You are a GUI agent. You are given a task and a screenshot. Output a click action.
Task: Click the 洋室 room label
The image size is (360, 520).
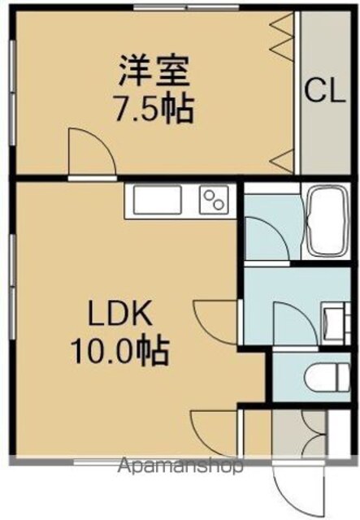click(154, 71)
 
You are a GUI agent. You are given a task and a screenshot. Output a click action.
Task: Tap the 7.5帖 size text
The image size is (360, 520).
click(154, 108)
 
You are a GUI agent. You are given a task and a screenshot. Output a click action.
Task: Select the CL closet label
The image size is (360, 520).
click(325, 91)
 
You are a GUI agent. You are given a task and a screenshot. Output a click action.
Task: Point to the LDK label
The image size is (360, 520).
click(119, 312)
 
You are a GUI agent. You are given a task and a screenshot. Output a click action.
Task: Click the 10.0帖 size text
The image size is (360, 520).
click(119, 350)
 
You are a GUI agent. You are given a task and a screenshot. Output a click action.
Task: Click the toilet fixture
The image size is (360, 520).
click(327, 377)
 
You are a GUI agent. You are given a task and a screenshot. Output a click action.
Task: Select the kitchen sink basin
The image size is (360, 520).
click(158, 200)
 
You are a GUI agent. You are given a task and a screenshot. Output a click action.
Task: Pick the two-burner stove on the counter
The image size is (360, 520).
click(214, 200)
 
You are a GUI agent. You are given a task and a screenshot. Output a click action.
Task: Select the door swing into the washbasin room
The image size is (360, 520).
click(295, 323)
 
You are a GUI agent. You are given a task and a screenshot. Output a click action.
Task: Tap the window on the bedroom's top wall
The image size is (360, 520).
click(189, 7)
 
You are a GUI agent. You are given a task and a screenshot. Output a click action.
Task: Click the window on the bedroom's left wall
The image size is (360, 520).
click(13, 93)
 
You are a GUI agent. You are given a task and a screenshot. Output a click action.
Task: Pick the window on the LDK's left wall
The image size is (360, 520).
click(13, 287)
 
